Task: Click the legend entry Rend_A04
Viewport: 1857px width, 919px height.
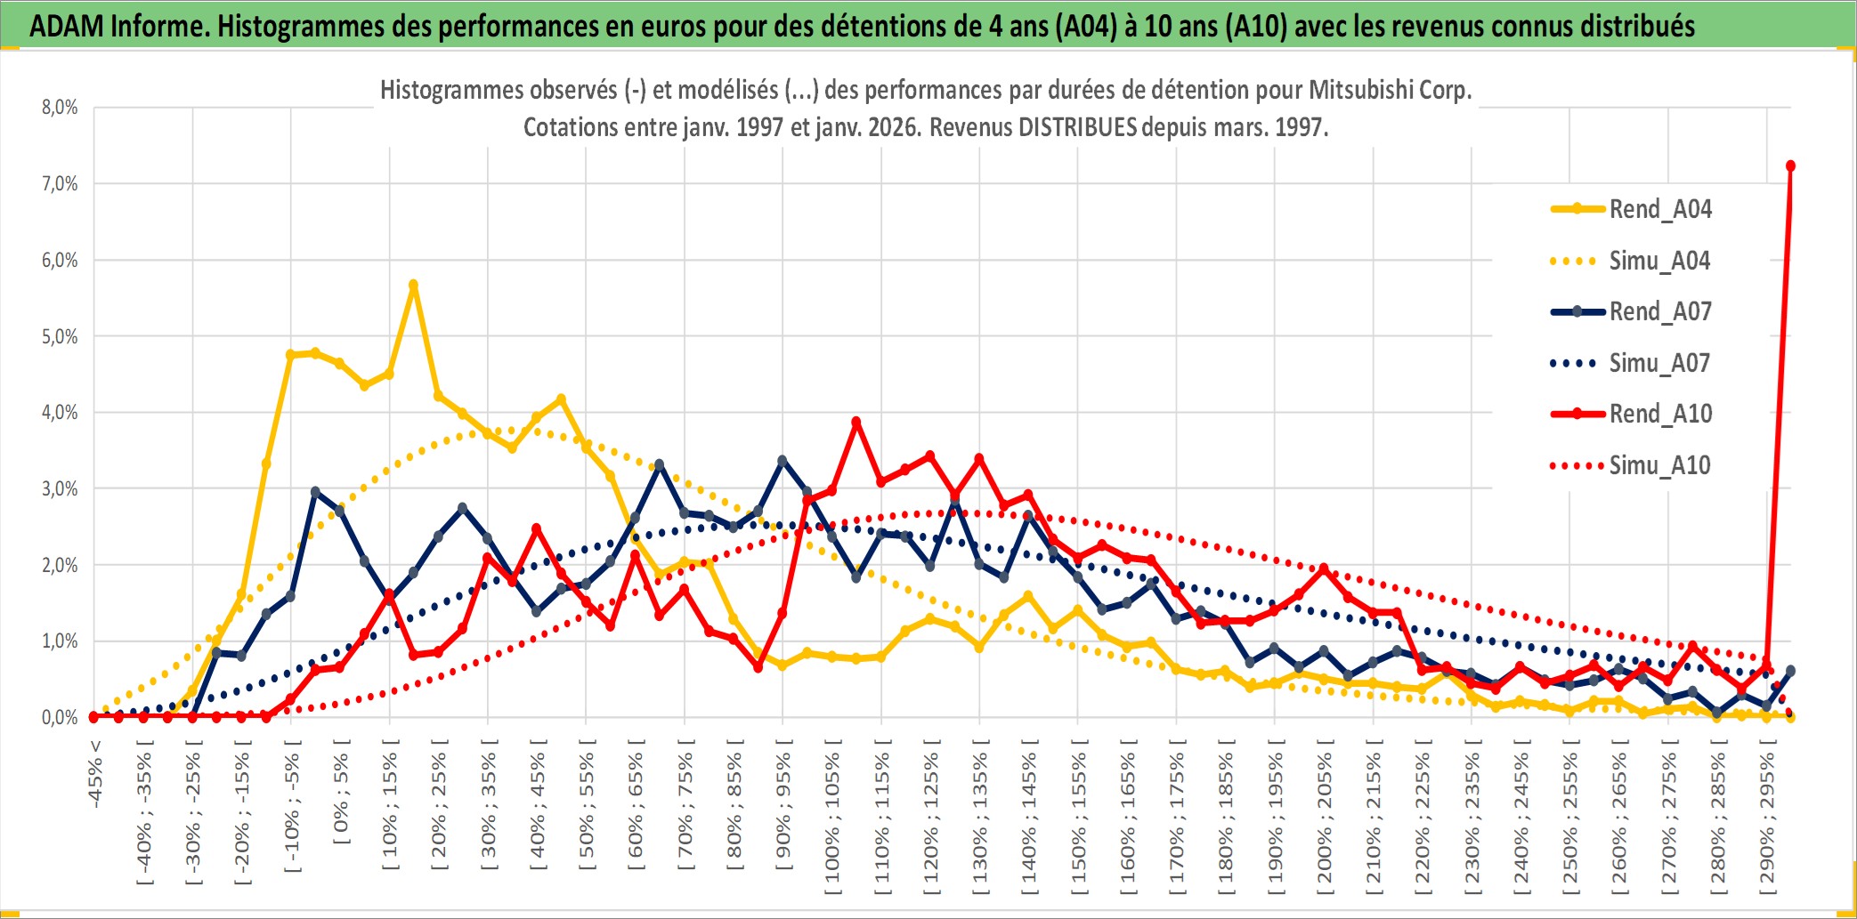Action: (1659, 209)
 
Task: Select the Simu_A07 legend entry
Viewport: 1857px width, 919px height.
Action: (1659, 363)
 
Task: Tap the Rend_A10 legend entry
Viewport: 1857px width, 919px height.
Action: (1659, 414)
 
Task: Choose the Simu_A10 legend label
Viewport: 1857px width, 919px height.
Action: (1659, 465)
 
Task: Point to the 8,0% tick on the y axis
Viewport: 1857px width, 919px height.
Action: (60, 108)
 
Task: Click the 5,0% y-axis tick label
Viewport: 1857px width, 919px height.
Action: (60, 336)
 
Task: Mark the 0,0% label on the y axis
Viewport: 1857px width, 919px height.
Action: (60, 717)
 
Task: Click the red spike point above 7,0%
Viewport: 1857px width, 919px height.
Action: (1790, 166)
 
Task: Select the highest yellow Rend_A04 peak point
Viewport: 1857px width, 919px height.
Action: (413, 285)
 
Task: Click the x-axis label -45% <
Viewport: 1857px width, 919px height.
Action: (95, 774)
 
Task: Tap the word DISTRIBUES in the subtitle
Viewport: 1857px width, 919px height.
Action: (1077, 127)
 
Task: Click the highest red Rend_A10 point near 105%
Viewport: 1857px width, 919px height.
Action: (856, 423)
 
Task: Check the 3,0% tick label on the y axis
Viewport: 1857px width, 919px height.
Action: (60, 488)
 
